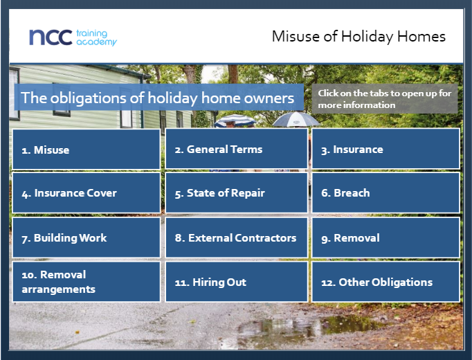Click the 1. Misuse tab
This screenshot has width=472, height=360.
pyautogui.click(x=86, y=150)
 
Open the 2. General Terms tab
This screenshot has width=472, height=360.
pyautogui.click(x=237, y=149)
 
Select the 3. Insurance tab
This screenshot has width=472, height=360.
pyautogui.click(x=386, y=149)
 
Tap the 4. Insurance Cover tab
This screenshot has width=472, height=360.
pyautogui.click(x=86, y=192)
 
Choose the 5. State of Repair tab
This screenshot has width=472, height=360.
pyautogui.click(x=237, y=192)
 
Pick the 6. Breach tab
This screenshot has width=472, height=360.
pyautogui.click(x=386, y=192)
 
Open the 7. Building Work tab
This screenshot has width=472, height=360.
pyautogui.click(x=86, y=237)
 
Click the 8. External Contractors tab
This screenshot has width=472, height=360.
pyautogui.click(x=237, y=237)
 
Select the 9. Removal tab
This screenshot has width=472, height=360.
pyautogui.click(x=386, y=237)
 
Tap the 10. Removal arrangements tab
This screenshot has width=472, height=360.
pyautogui.click(x=86, y=282)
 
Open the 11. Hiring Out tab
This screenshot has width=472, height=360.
pyautogui.click(x=237, y=282)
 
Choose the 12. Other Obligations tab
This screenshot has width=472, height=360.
pyautogui.click(x=386, y=282)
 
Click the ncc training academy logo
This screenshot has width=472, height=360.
pyautogui.click(x=73, y=37)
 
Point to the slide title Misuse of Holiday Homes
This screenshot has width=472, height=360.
pyautogui.click(x=358, y=37)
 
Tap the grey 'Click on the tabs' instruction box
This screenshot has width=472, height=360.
pyautogui.click(x=385, y=99)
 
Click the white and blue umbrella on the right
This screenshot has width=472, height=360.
pyautogui.click(x=296, y=119)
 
